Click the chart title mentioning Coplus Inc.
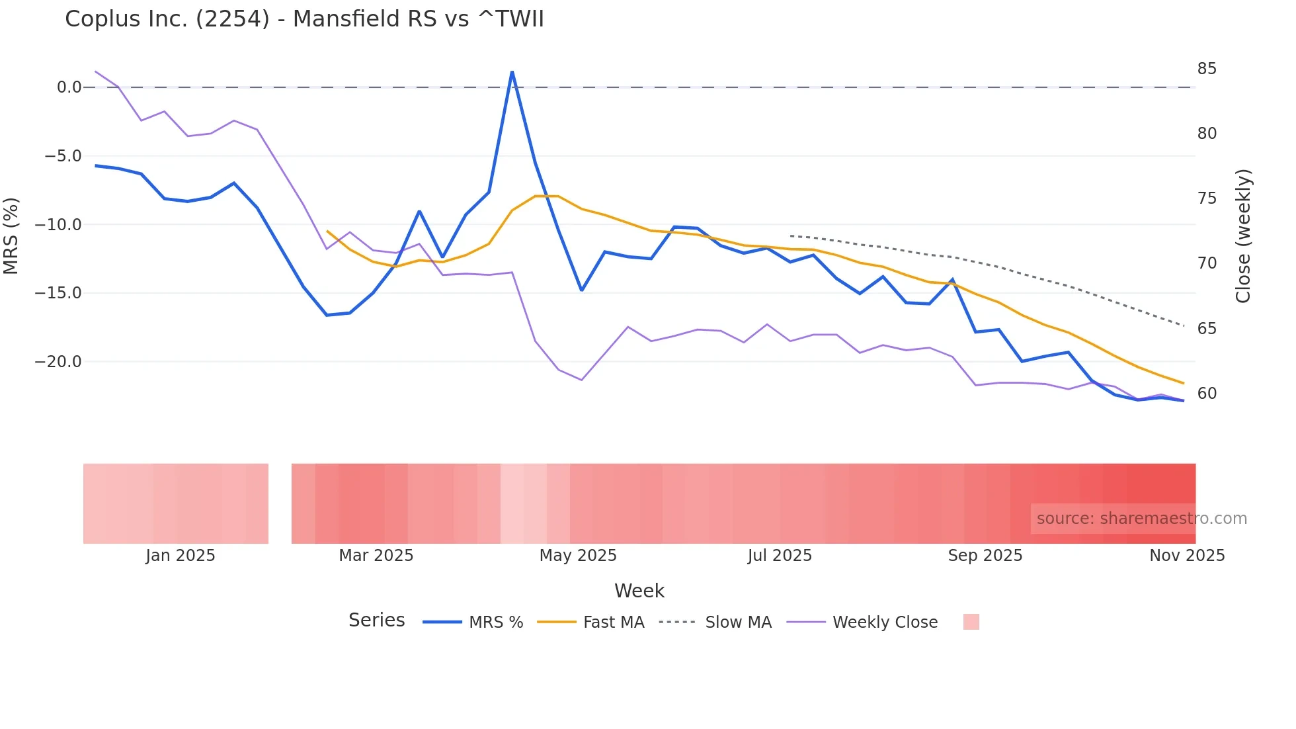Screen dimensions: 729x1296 pos(304,19)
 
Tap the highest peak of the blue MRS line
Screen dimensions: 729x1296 pos(512,72)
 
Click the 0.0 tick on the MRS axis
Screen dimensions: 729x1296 pos(69,87)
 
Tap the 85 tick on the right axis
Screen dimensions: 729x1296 pos(1207,69)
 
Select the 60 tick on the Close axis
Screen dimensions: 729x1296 pos(1207,394)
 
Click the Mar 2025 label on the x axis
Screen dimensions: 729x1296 pos(376,556)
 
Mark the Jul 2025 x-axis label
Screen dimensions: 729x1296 pos(780,556)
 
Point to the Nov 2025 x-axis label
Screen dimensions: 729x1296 pos(1187,556)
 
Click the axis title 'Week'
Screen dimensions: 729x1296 pos(639,591)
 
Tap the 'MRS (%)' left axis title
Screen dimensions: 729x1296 pos(11,236)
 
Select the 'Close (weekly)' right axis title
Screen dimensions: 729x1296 pos(1243,236)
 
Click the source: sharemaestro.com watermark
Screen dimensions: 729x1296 pos(1141,519)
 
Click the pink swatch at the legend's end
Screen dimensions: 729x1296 pos(971,622)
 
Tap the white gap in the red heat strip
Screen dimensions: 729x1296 pos(280,503)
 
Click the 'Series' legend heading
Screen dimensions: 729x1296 pos(376,621)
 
